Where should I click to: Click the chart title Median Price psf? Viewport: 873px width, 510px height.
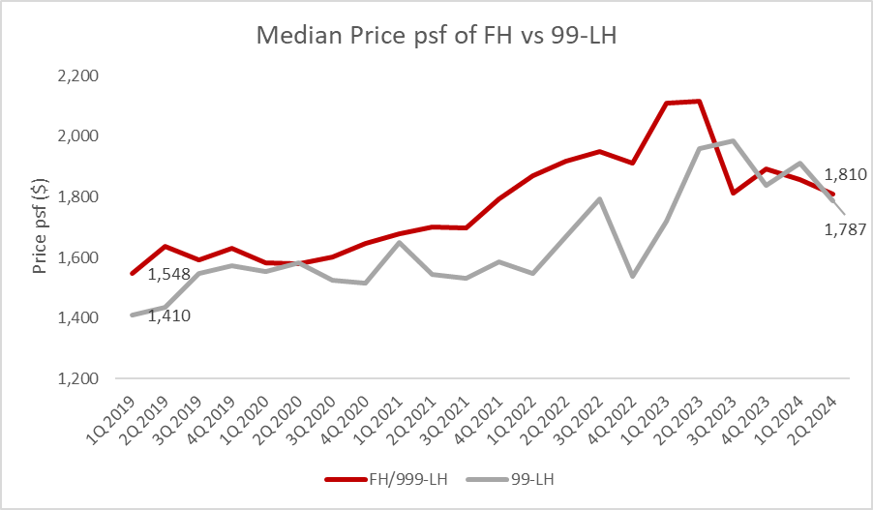[436, 36]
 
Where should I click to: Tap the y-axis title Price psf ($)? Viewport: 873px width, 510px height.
[41, 225]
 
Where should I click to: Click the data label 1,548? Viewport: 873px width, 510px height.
[169, 274]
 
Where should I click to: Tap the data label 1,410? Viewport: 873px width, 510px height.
[169, 315]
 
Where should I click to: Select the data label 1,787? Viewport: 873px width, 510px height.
[844, 229]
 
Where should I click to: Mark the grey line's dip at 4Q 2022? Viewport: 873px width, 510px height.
[632, 276]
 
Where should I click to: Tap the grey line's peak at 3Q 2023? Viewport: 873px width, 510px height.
[733, 140]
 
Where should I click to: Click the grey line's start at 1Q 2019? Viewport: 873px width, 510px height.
[132, 315]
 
